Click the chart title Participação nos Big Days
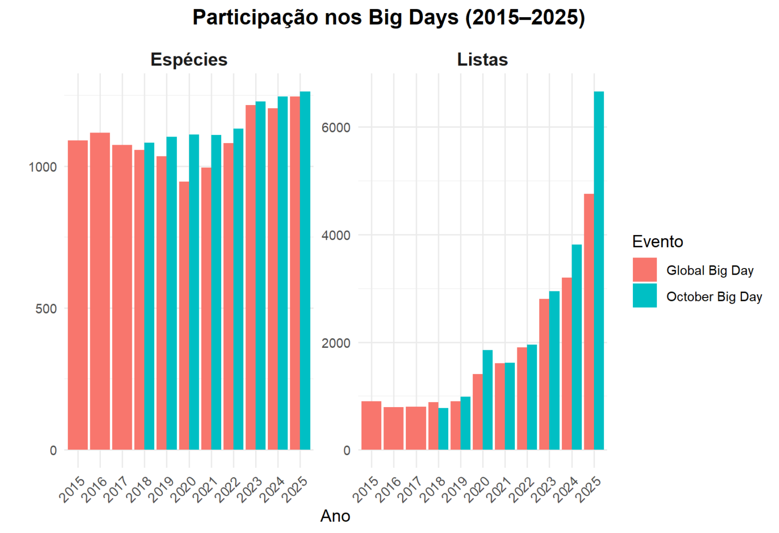388,17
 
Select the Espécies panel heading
189,59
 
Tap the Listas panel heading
482,59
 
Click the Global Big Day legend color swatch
644,270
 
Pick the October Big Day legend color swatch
644,296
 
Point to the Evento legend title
657,242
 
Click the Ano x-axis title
335,516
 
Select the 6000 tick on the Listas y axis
336,127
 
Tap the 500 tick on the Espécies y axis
46,309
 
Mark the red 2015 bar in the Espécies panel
78,294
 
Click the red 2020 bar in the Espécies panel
184,315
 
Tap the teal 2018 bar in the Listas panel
443,428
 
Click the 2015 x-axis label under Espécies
72,489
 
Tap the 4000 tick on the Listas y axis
336,235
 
